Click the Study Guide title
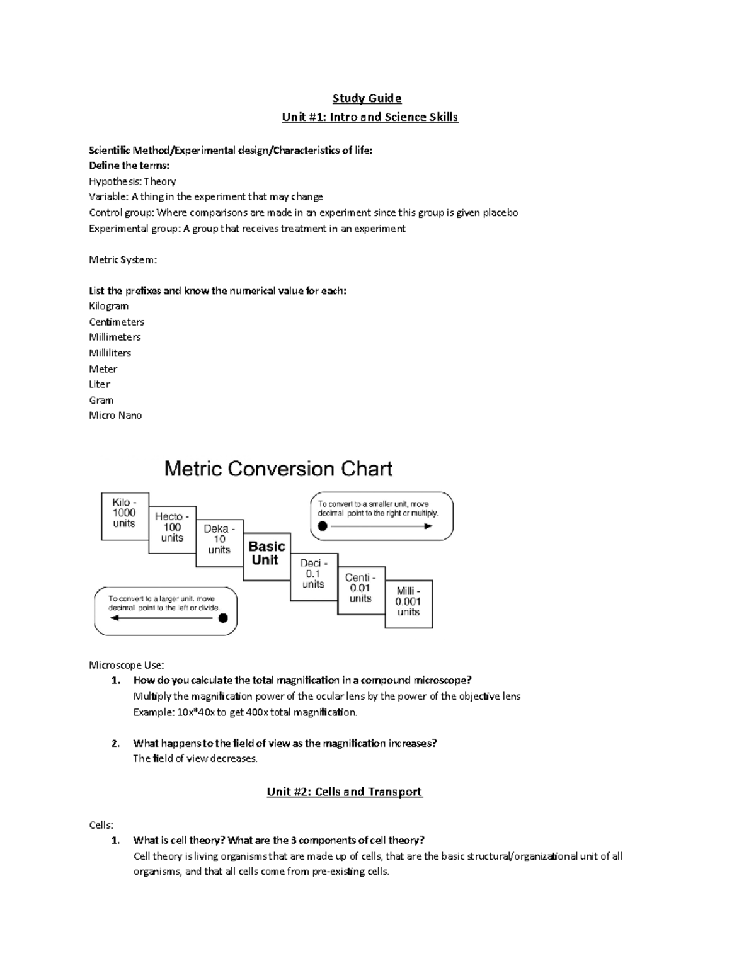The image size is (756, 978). tap(367, 98)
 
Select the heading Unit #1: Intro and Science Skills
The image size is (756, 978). tap(370, 117)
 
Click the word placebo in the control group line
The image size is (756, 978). tap(500, 213)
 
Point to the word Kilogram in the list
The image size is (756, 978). tap(108, 306)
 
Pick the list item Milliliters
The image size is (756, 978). tap(110, 353)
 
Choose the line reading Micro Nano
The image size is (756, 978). tap(115, 416)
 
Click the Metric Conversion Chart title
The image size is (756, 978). tap(278, 469)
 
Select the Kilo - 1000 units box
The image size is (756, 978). tap(125, 516)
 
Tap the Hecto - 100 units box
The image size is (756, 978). tap(172, 529)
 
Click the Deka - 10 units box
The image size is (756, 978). tap(219, 541)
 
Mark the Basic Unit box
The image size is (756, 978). tap(266, 553)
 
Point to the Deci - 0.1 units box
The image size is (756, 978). tap(313, 576)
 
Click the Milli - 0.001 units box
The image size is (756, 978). tap(408, 603)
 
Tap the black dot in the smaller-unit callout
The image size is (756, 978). tap(323, 526)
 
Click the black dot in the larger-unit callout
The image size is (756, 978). tap(223, 618)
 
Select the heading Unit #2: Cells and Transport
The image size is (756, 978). tap(345, 792)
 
